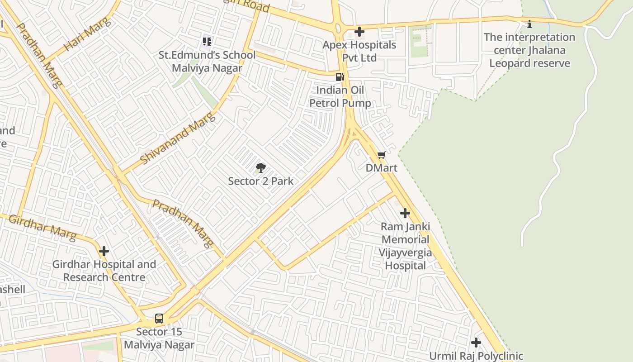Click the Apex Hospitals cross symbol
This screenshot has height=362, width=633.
(x=359, y=32)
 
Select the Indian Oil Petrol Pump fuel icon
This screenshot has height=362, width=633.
(x=340, y=77)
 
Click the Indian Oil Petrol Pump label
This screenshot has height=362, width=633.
(x=340, y=96)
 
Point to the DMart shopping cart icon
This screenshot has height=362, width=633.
(x=381, y=155)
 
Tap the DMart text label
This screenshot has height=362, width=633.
(x=381, y=168)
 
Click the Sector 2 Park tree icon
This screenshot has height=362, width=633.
(x=260, y=168)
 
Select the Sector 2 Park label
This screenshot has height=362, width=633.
(x=260, y=181)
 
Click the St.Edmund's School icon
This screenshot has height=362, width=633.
(x=207, y=42)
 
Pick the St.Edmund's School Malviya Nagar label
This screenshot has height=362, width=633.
(x=207, y=62)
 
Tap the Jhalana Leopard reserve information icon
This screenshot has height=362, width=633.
(x=529, y=24)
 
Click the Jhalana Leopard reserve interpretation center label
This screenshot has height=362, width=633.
(x=529, y=50)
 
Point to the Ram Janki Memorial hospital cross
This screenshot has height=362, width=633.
(x=405, y=213)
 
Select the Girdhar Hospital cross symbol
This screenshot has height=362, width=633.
(x=104, y=251)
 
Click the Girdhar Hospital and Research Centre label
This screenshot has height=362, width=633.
(x=104, y=271)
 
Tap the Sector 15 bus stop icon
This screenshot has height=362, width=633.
(x=159, y=318)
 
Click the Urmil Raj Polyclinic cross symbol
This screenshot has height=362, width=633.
(x=476, y=343)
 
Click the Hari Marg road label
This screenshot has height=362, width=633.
(x=87, y=37)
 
